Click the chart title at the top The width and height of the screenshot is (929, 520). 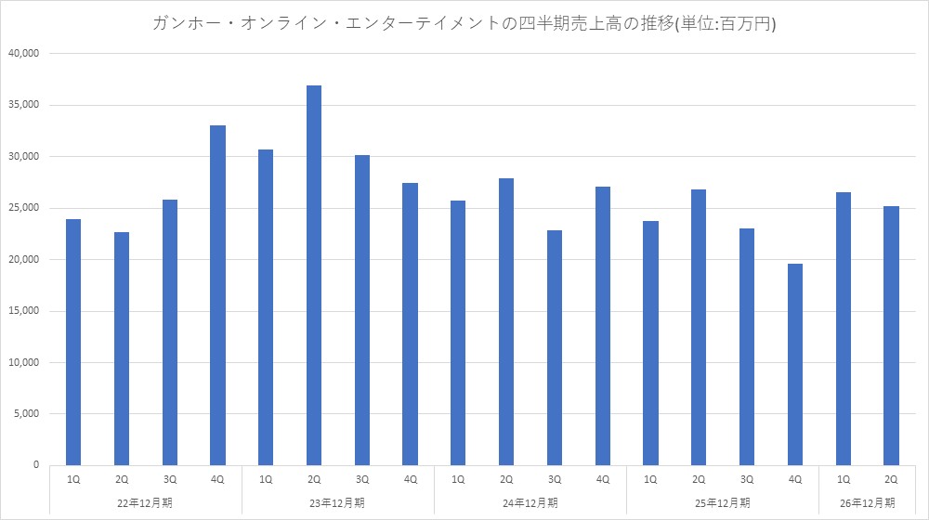click(464, 23)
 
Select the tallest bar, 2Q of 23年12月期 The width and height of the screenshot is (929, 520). click(314, 276)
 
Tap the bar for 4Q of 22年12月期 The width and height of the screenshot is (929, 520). click(217, 295)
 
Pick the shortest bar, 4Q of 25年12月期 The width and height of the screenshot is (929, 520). click(795, 364)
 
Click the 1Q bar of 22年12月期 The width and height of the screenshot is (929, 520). click(73, 343)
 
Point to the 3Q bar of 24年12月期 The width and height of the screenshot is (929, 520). click(555, 347)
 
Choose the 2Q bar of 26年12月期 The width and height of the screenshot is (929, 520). click(891, 336)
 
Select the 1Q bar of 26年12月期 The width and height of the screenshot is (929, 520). click(844, 329)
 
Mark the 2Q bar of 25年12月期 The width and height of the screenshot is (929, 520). click(699, 328)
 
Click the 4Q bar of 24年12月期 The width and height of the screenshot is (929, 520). click(603, 326)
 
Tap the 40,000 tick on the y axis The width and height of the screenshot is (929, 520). click(24, 53)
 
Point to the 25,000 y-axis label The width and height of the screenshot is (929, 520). click(24, 208)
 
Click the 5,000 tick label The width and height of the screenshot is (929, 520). click(27, 413)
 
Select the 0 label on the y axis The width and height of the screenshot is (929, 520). click(36, 465)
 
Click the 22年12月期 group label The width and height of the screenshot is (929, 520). click(145, 503)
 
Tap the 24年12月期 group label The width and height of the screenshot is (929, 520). click(530, 503)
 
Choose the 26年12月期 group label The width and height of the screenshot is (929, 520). click(868, 503)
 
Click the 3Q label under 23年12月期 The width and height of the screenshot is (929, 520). click(362, 479)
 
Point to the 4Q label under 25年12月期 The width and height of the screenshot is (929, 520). click(795, 479)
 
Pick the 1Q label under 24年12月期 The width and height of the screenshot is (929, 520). click(458, 479)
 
